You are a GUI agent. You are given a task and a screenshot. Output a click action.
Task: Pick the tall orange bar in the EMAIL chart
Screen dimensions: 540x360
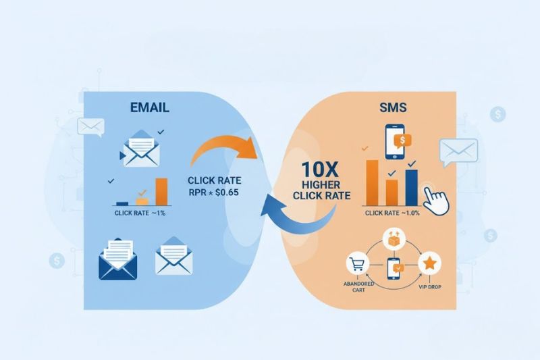(x=161, y=191)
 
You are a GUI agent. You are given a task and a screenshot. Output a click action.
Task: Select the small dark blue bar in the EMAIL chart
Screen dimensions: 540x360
(x=122, y=203)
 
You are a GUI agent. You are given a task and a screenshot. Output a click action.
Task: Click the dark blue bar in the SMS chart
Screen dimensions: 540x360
(x=412, y=186)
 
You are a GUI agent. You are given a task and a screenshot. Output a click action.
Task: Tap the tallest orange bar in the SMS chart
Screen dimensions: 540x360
(x=373, y=182)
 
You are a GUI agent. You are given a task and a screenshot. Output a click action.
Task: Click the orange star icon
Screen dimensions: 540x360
(x=429, y=263)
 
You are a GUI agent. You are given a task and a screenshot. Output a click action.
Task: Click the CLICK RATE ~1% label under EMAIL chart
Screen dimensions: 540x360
(x=141, y=213)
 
